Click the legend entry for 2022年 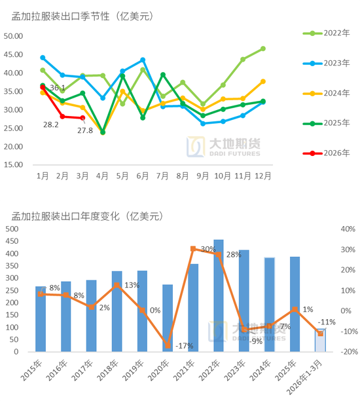[x=327, y=33]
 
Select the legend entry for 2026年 [x=327, y=153]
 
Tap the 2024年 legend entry [x=327, y=92]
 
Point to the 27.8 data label [x=84, y=130]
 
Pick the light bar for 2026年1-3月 [x=320, y=340]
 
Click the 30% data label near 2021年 [x=208, y=250]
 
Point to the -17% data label [x=185, y=346]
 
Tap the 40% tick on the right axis [x=347, y=229]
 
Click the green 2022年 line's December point [x=262, y=48]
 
